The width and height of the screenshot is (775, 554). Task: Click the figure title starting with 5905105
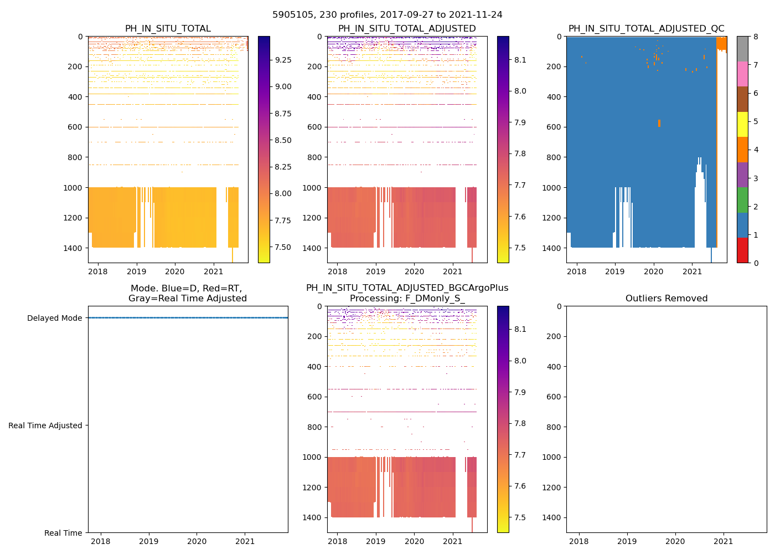click(387, 15)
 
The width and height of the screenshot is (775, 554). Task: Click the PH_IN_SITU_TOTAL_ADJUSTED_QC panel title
click(646, 29)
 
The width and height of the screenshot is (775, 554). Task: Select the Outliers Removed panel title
click(666, 299)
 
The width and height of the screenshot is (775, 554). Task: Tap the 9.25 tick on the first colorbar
click(283, 60)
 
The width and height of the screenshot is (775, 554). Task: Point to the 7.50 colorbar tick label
click(283, 247)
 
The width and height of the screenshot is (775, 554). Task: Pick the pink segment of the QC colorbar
click(742, 74)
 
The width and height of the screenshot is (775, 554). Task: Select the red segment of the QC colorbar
click(742, 250)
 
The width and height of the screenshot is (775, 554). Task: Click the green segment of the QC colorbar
click(742, 199)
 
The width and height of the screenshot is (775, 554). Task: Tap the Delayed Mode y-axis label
click(54, 318)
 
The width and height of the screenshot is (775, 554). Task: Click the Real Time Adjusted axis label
click(45, 425)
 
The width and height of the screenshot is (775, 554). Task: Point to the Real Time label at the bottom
click(63, 533)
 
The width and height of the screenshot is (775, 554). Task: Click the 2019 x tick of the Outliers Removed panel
click(627, 541)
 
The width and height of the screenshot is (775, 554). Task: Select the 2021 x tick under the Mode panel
click(245, 541)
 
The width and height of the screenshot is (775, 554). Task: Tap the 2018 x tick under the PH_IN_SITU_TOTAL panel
click(98, 271)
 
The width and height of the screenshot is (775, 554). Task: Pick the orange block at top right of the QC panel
click(722, 43)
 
